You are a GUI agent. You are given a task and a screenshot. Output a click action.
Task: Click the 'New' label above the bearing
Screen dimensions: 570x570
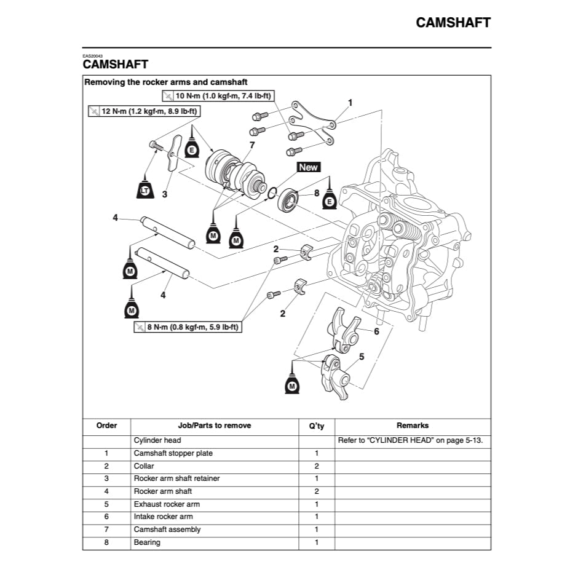(x=309, y=167)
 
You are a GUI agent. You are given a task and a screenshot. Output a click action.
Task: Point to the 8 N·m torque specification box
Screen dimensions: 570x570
(x=188, y=328)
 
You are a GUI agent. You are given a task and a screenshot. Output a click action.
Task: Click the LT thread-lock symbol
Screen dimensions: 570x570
(x=144, y=191)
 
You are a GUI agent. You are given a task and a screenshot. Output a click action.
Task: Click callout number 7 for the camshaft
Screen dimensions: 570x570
(x=251, y=145)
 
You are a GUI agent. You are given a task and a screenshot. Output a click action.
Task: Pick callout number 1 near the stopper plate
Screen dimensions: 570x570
(x=350, y=102)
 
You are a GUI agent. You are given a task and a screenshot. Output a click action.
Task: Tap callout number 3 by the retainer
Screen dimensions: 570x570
(x=165, y=194)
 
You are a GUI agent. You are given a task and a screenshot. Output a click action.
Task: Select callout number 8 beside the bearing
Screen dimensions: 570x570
(x=317, y=193)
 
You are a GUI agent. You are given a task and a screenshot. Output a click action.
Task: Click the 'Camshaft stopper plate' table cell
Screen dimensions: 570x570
(x=173, y=453)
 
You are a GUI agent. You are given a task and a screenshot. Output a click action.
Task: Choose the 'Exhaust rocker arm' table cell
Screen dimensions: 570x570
(x=167, y=504)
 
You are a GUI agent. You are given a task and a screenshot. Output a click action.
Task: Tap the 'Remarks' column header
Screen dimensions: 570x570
(x=412, y=426)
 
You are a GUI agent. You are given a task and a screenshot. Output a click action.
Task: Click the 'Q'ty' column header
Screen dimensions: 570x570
(x=316, y=426)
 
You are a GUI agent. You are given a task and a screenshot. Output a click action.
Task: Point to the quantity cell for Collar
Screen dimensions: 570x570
(x=316, y=466)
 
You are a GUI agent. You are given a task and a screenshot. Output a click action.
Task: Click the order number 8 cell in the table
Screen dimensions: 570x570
(x=106, y=542)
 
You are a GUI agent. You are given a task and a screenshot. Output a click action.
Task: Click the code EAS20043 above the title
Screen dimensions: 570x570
(x=93, y=56)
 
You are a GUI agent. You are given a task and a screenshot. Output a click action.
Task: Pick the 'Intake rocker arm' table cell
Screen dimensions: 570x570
(x=163, y=517)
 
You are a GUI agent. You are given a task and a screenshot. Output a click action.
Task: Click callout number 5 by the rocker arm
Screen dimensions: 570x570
(x=362, y=357)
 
